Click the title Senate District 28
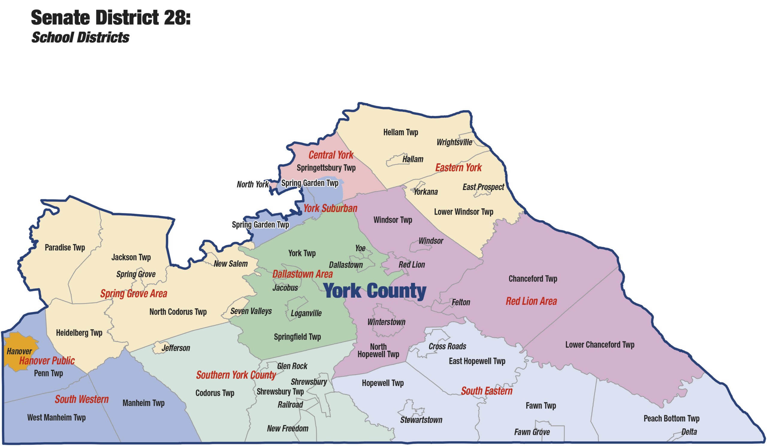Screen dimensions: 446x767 tap(111, 17)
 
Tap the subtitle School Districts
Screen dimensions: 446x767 tap(80, 37)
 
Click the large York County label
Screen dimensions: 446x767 tap(375, 291)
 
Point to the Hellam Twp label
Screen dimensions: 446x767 tap(401, 132)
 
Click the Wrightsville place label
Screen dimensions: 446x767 tap(454, 142)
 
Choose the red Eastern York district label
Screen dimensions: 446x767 tap(458, 168)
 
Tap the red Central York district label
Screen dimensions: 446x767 tap(331, 155)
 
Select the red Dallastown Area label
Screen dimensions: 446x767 tap(302, 274)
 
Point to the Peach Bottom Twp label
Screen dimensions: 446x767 tap(671, 418)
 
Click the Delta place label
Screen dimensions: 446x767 tap(689, 432)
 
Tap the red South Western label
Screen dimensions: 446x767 tap(81, 399)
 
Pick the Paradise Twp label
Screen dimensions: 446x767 tap(65, 248)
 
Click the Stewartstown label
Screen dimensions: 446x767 tap(421, 420)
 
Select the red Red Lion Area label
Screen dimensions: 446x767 tap(531, 301)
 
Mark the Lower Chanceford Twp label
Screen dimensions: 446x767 tap(600, 345)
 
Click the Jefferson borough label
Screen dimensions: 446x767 tap(176, 348)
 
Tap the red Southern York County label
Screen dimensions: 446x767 tap(236, 375)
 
